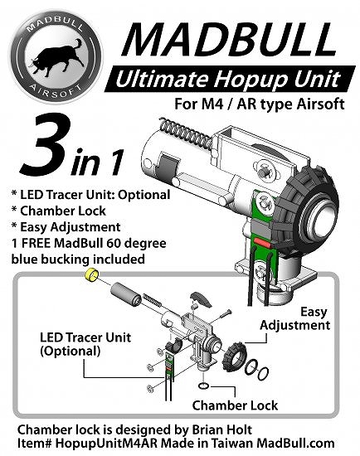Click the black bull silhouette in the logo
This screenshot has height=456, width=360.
coord(56,59)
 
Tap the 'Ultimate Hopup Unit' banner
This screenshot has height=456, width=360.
coord(230,79)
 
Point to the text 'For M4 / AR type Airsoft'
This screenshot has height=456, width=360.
coord(260,104)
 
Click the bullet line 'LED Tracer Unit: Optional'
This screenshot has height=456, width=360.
coord(90,195)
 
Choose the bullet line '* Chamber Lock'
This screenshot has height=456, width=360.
coord(59,211)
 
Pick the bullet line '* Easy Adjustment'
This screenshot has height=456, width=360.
coord(66,227)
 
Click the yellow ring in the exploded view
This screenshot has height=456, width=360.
coord(92,274)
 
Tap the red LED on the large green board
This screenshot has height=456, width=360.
coord(261,241)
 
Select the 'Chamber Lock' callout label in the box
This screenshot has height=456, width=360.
coord(235,405)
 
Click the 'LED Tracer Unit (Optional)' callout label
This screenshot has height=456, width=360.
coord(85,344)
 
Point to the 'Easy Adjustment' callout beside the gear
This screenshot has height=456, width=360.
coord(294,318)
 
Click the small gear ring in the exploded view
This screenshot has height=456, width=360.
coord(234,357)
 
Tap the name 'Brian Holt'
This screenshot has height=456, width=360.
coord(222,429)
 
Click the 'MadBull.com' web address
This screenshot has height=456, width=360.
coord(295,444)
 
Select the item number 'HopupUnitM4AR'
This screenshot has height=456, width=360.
coord(106,444)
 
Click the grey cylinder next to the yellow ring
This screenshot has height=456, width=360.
coord(126,293)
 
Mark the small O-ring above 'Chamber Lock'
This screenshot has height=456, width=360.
coord(203,386)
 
